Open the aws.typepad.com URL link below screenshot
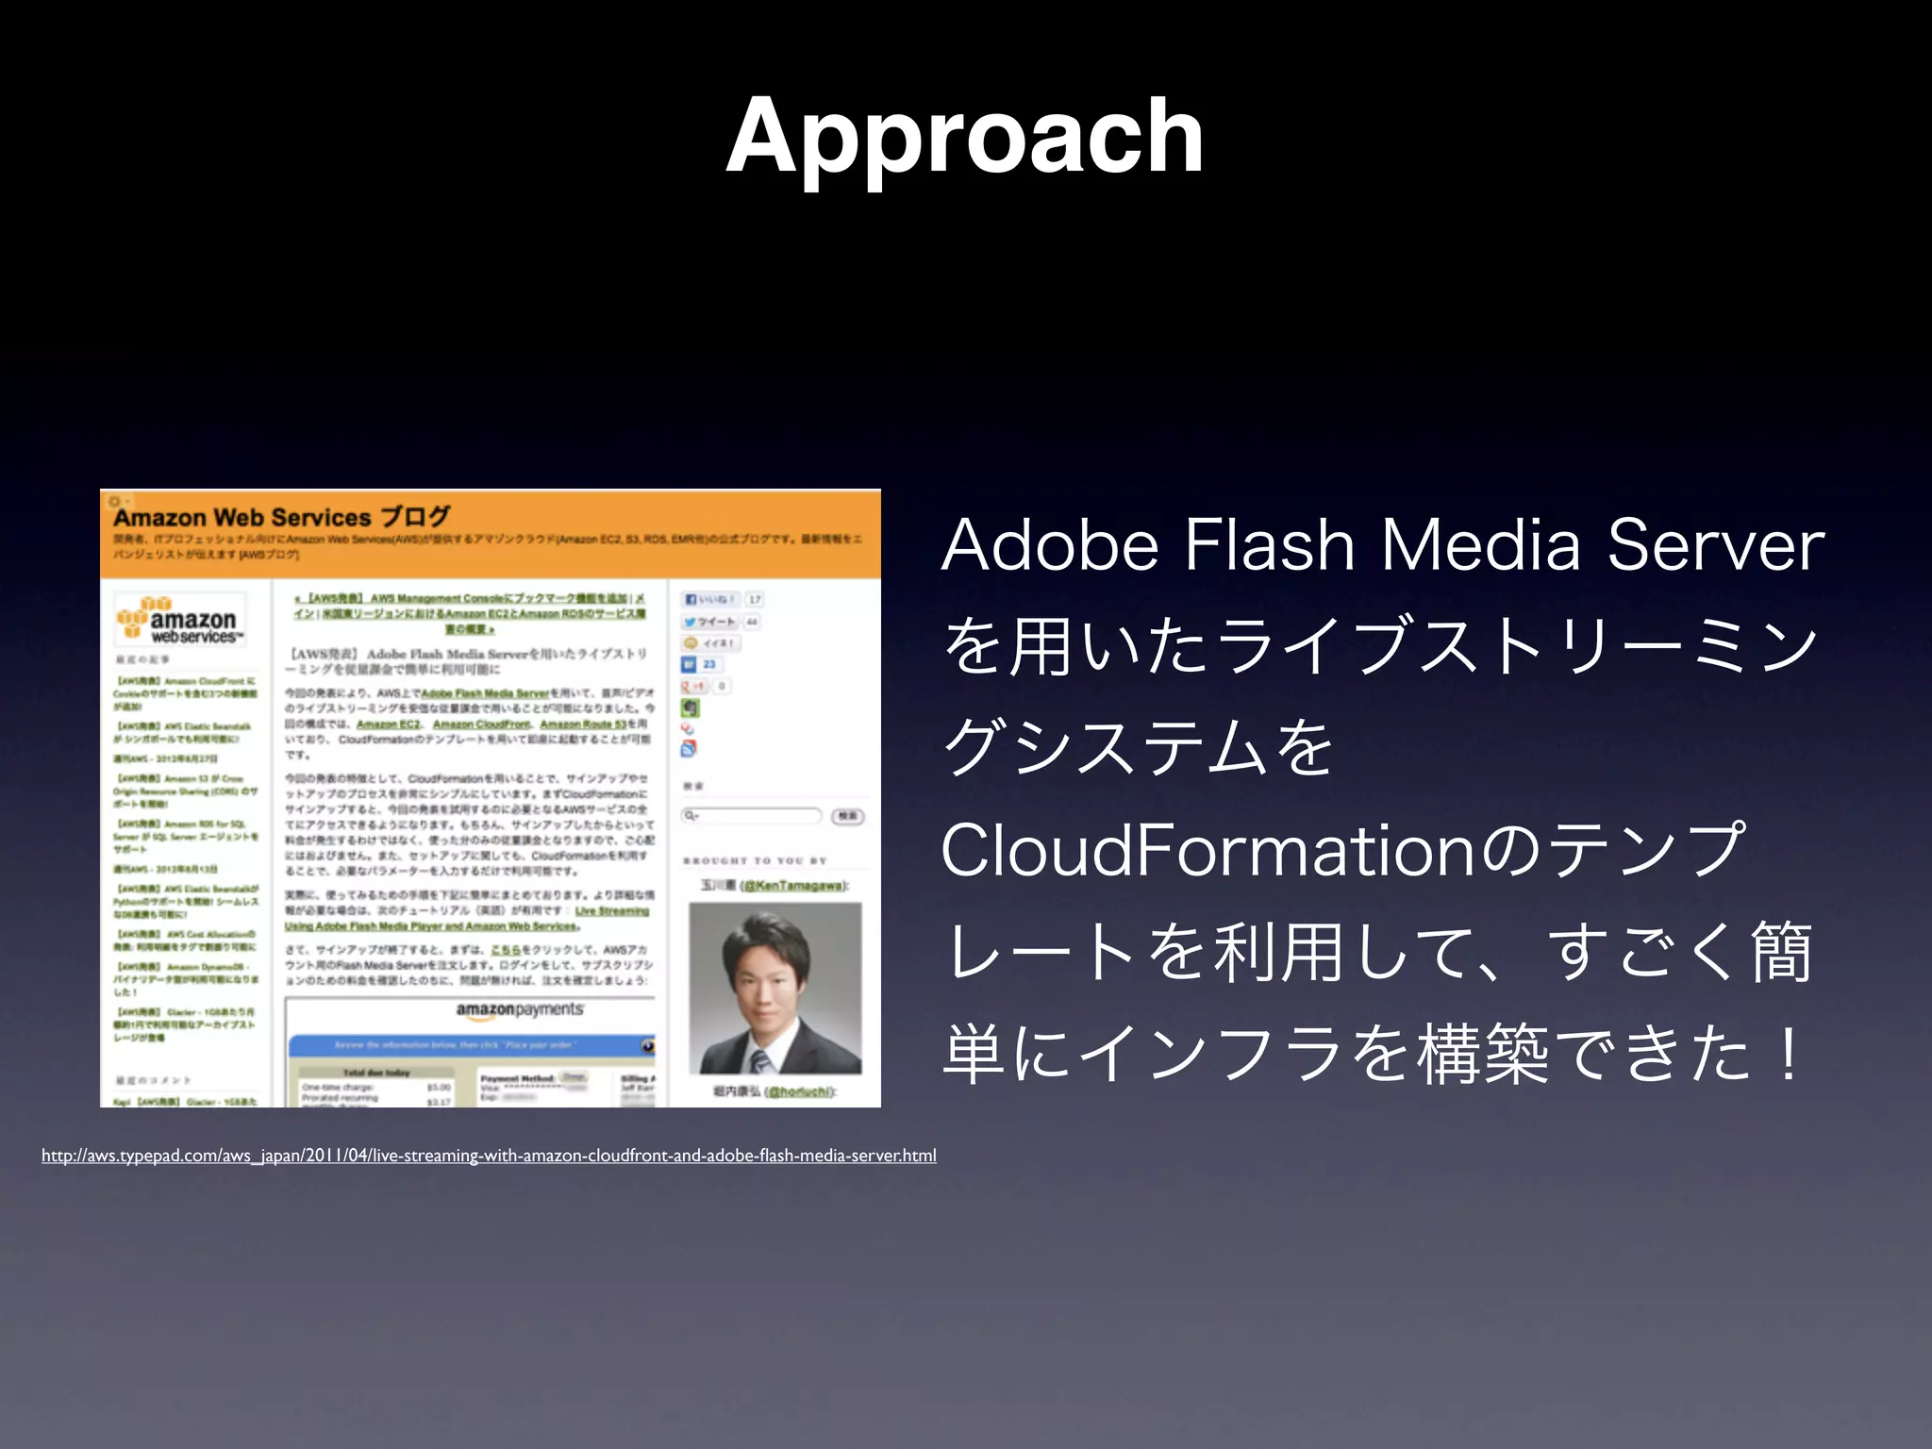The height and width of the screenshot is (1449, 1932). tap(489, 1156)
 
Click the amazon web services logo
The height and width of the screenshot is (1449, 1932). tap(180, 621)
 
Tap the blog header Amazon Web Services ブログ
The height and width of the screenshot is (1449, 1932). tap(281, 517)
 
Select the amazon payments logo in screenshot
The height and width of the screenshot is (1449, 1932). tap(519, 1010)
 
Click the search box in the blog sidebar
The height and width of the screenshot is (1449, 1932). tap(752, 815)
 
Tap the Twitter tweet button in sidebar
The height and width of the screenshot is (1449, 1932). tap(709, 622)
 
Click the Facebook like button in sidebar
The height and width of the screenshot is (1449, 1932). tap(710, 599)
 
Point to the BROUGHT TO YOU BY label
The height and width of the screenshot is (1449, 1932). tap(755, 860)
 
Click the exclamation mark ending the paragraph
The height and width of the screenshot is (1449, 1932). tap(1785, 1052)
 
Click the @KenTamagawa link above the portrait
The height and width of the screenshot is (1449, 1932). tap(794, 885)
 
